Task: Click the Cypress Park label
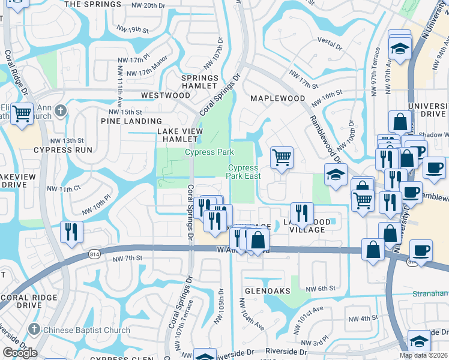pyautogui.click(x=209, y=152)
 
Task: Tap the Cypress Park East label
pyautogui.click(x=243, y=172)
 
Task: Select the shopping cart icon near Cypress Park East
pyautogui.click(x=282, y=158)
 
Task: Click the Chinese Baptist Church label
pyautogui.click(x=86, y=330)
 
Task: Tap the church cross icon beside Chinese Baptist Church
pyautogui.click(x=35, y=329)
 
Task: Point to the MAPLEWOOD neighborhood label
pyautogui.click(x=277, y=98)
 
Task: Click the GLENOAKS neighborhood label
pyautogui.click(x=267, y=290)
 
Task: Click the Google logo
pyautogui.click(x=20, y=353)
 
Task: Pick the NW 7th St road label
pyautogui.click(x=127, y=258)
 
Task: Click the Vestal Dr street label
pyautogui.click(x=330, y=45)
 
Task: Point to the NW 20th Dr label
pyautogui.click(x=147, y=5)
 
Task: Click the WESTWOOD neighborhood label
pyautogui.click(x=165, y=95)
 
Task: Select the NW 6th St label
pyautogui.click(x=319, y=289)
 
